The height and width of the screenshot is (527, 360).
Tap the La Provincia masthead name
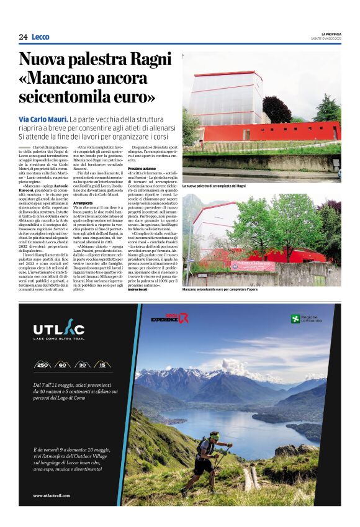(x=331, y=34)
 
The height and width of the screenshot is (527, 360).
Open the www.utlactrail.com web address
(x=56, y=495)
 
